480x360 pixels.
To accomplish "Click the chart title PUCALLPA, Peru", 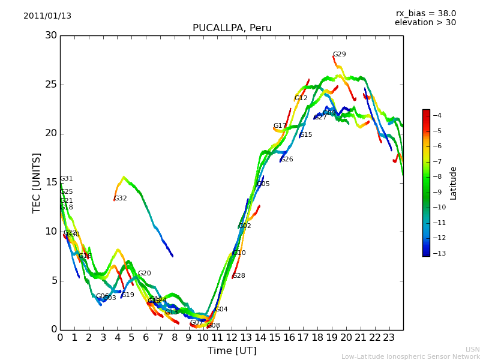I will point(232,28).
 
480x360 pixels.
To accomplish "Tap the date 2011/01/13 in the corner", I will point(47,16).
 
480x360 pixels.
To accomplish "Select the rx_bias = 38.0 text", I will point(425,14).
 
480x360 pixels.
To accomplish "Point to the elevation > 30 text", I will point(425,23).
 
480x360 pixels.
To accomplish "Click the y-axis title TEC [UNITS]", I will point(37,182).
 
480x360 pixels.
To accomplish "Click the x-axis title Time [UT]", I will point(232,351).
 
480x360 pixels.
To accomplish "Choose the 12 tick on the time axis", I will point(232,338).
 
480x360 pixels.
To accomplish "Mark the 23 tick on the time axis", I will point(389,338).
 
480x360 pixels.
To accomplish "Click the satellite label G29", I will point(340,55).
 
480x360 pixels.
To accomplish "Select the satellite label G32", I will point(121,199).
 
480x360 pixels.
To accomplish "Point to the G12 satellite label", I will point(301,98).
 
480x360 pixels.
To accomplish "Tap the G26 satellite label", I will point(287,160).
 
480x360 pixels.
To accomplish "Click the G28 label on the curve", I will point(239,276).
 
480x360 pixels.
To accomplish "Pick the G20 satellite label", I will point(145,274).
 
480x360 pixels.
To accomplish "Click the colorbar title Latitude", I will point(454,183).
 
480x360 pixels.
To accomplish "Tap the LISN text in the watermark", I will point(472,349).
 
